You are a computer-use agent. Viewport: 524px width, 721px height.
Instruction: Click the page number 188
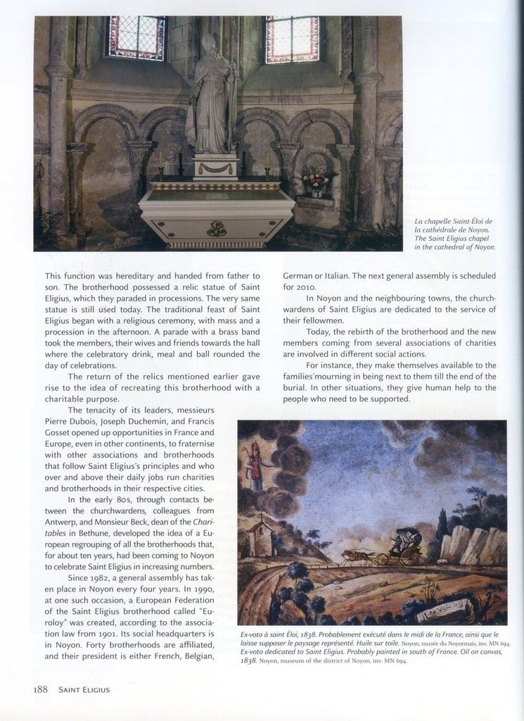coord(39,689)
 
